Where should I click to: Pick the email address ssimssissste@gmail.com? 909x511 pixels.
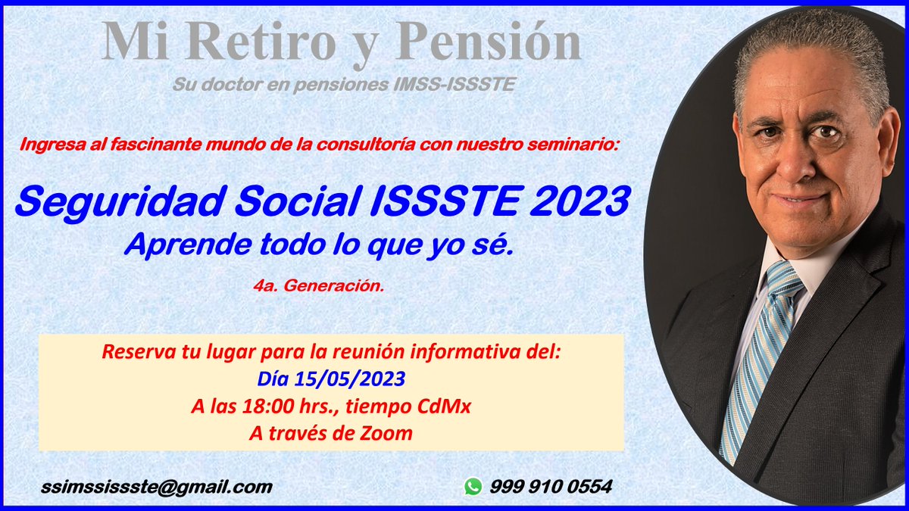157,487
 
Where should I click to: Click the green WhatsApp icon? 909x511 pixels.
473,487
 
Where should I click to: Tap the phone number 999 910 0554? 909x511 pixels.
551,487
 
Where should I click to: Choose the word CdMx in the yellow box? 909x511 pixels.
444,406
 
